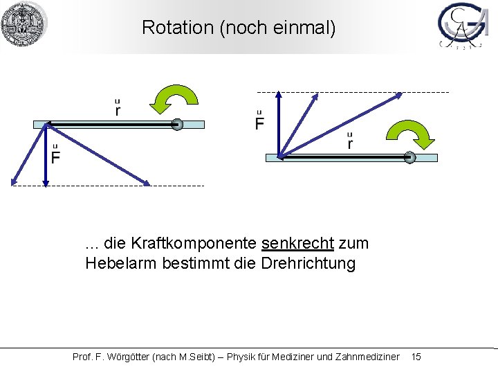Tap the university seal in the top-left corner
point(24,24)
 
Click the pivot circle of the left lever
point(177,125)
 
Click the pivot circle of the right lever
point(409,158)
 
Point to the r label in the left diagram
point(118,109)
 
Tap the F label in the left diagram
point(55,157)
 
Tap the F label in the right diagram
point(259,123)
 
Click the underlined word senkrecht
point(298,244)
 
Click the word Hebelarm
point(118,263)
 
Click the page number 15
point(416,357)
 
